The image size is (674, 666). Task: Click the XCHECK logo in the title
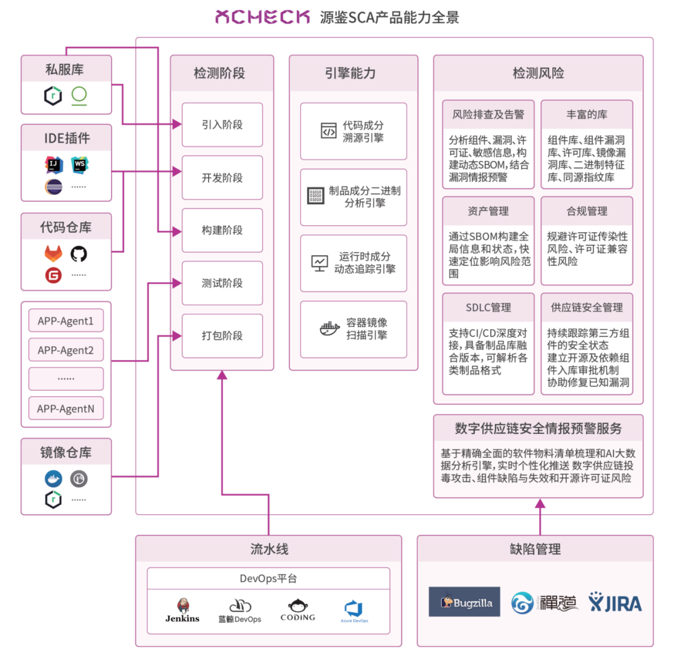262,17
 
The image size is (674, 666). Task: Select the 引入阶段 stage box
222,125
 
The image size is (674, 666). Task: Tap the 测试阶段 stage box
222,283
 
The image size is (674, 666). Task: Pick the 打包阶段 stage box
222,336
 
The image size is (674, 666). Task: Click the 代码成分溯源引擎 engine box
353,131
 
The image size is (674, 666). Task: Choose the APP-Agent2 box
66,350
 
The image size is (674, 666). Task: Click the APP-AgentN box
66,409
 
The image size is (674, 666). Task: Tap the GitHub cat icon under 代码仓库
79,253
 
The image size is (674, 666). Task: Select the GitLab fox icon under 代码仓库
54,253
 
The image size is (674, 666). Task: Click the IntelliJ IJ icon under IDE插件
54,165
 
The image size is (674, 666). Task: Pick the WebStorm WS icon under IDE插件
79,165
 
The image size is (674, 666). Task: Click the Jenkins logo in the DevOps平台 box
182,610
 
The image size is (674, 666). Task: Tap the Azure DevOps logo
354,610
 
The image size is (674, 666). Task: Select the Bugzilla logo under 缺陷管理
464,602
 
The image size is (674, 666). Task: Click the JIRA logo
615,602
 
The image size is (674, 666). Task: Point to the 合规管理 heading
587,212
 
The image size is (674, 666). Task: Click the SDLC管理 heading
488,308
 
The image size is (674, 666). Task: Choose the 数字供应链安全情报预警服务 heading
538,429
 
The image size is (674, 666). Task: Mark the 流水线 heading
269,549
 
